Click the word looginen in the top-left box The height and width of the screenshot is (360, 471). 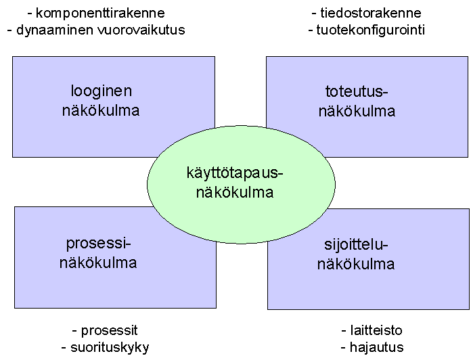tap(102, 91)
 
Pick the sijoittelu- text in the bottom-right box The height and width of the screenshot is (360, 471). tap(356, 246)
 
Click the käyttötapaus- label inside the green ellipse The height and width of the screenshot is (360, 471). tap(234, 174)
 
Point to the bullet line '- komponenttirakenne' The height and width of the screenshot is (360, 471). tap(95, 14)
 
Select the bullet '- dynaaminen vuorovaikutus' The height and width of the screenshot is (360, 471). tap(95, 30)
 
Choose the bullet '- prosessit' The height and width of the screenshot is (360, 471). tap(105, 331)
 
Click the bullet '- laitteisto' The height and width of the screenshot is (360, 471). tap(372, 331)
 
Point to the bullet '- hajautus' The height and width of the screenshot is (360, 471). tap(373, 348)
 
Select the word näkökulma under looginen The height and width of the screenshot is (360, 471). tap(101, 110)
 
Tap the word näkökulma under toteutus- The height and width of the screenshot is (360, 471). tap(357, 112)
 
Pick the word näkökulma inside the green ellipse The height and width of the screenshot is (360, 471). tap(234, 193)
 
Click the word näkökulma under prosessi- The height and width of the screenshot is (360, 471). tap(98, 263)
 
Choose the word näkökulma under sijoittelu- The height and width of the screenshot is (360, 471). tap(356, 265)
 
